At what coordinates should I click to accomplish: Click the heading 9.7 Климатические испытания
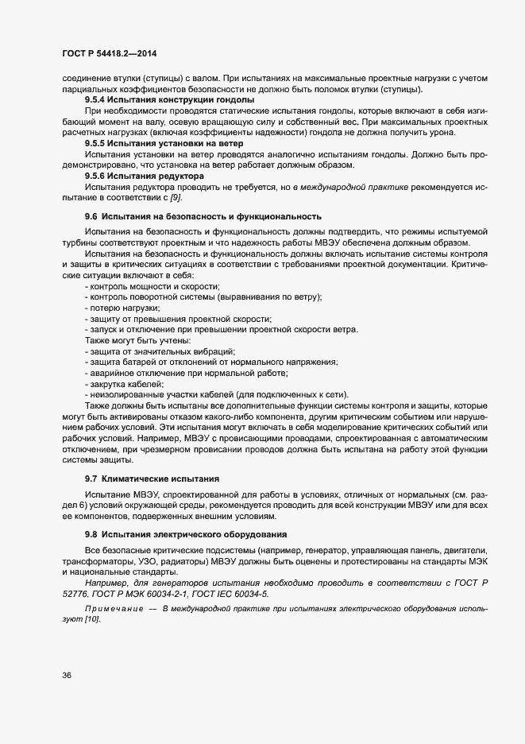152,479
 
